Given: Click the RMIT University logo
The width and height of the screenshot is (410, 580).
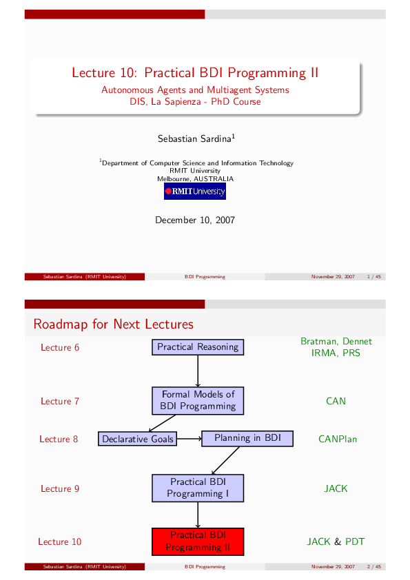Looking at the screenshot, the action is coord(195,191).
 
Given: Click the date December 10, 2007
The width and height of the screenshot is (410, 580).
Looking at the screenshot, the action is coord(195,220).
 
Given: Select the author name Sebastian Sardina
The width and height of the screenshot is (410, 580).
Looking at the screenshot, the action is coord(195,138).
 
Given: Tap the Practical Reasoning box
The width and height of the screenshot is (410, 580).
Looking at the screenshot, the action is coord(198,347).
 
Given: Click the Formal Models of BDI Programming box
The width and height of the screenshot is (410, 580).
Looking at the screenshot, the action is coord(198,400).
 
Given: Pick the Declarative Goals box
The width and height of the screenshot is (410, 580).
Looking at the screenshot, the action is coord(138,439).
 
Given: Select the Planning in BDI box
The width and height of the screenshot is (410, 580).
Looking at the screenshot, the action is coord(247,438).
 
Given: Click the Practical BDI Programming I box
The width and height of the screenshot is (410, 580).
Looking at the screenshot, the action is coord(198,488).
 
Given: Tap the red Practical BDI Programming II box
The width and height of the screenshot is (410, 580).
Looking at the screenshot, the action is coord(198,541).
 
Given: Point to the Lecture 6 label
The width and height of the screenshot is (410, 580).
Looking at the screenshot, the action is coord(60,347).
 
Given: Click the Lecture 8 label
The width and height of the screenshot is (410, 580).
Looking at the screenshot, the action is coord(59,439).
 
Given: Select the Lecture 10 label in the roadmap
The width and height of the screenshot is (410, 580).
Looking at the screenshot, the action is coord(59,541).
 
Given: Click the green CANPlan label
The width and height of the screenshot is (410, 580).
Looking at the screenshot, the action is coord(338,439).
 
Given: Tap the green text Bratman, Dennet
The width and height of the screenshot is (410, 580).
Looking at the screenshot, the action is coord(336,341).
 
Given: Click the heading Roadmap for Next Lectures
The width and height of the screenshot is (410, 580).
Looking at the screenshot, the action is coord(113,324).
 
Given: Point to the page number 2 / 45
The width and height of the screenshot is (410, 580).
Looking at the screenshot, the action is coord(376,567).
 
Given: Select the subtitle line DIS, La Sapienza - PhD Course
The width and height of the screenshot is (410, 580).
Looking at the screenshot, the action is coord(195,101).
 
